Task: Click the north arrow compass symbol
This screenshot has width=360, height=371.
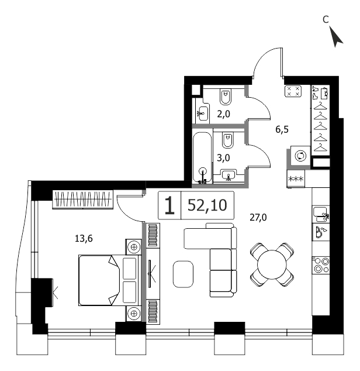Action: [x=335, y=37]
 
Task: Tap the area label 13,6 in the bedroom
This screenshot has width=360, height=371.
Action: [x=84, y=239]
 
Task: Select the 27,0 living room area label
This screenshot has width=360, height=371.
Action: [x=258, y=217]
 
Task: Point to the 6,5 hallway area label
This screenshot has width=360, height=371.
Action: [x=282, y=129]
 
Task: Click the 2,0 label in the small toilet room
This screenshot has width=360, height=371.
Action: [x=223, y=114]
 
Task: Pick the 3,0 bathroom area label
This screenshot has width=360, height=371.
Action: [x=223, y=157]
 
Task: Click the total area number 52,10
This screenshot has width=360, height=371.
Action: [x=207, y=205]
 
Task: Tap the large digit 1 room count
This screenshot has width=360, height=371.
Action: [x=169, y=206]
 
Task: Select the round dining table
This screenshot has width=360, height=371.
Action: [x=272, y=264]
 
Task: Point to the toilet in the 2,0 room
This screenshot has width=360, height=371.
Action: [x=226, y=97]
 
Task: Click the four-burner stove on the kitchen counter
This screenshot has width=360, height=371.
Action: [x=321, y=266]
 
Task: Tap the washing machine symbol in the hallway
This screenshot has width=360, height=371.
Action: [x=300, y=156]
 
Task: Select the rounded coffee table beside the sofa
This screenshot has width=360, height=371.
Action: [x=183, y=274]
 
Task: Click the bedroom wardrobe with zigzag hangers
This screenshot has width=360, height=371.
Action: [x=83, y=199]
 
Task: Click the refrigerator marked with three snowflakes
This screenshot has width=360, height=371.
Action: [x=296, y=178]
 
